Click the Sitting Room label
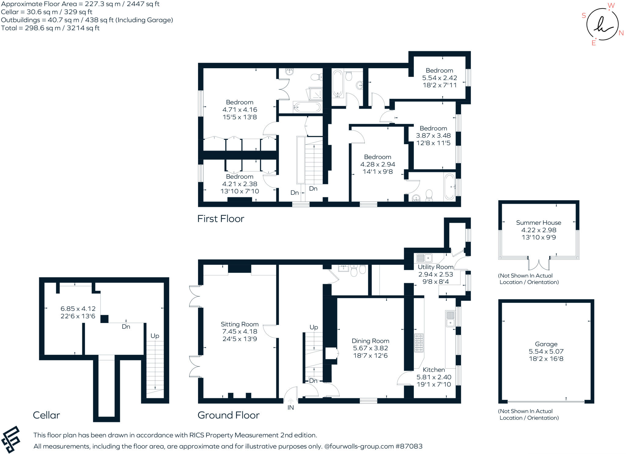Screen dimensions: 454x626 (x=239, y=324)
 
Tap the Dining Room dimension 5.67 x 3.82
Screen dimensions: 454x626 (x=370, y=348)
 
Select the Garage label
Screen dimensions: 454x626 (x=546, y=344)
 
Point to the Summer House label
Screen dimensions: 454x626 (x=538, y=223)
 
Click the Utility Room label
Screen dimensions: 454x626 (x=435, y=267)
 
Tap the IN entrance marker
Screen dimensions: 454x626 (x=290, y=407)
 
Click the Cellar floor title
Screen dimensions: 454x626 (x=46, y=415)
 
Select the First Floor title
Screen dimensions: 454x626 (x=220, y=219)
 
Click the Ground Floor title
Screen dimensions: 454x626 (x=228, y=415)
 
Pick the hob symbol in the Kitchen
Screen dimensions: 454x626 (x=419, y=343)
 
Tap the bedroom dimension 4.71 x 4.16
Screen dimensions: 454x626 (x=240, y=110)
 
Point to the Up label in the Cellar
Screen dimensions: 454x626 (x=155, y=336)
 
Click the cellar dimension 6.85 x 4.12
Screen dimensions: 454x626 (x=78, y=309)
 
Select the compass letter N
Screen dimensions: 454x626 (x=621, y=33)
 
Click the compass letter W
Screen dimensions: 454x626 (x=611, y=6)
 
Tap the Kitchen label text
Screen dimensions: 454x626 (x=433, y=370)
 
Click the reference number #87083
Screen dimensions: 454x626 (x=409, y=446)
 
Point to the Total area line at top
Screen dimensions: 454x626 (x=50, y=28)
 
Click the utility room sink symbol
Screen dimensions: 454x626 (x=424, y=258)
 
